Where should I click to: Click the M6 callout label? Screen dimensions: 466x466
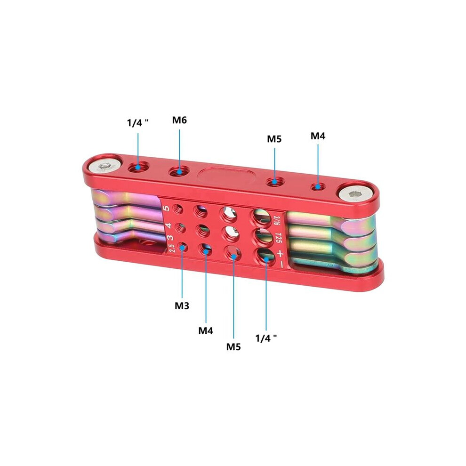click(x=179, y=121)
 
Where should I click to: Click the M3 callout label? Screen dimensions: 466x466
click(x=182, y=305)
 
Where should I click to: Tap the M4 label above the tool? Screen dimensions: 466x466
click(x=318, y=136)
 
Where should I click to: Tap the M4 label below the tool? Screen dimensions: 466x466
click(x=206, y=330)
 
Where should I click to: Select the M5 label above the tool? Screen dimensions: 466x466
click(x=274, y=139)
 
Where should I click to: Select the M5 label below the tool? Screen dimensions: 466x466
click(x=233, y=346)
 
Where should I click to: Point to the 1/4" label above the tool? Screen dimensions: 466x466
click(x=138, y=122)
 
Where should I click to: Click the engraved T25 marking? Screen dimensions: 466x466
click(x=278, y=237)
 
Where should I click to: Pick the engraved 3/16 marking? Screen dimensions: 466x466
click(x=277, y=220)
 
